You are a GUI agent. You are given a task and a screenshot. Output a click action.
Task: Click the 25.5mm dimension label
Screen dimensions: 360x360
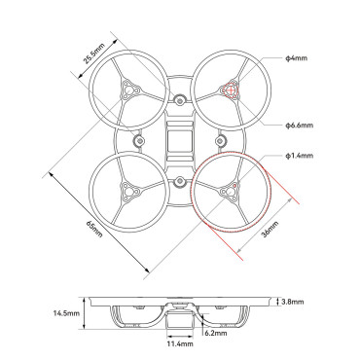coord(94,54)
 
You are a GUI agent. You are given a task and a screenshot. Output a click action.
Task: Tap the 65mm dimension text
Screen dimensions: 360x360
coord(94,229)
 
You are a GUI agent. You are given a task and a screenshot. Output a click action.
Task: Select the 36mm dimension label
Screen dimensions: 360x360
coord(270,229)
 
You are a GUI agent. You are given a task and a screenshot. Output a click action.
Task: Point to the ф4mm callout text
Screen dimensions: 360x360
coord(296,58)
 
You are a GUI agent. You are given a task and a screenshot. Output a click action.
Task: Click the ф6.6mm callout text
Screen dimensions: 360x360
coord(300,125)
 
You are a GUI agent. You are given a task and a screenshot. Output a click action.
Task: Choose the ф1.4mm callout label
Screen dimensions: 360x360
coord(300,156)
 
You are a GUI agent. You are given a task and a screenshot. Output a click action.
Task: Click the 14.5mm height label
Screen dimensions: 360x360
coord(66,313)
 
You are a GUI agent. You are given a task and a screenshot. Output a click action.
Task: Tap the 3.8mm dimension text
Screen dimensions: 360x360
coord(293,302)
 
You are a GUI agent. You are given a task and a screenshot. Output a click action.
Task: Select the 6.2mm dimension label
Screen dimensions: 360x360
coord(216,333)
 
